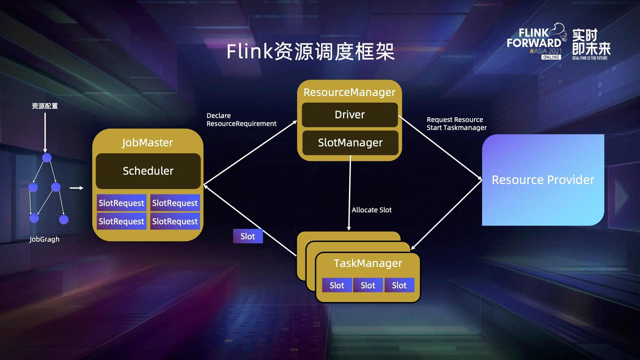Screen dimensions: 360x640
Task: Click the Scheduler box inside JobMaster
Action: tap(148, 171)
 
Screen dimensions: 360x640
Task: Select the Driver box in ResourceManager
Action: tap(350, 115)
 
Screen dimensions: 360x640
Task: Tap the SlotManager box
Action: tap(350, 143)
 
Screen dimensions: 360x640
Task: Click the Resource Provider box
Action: tap(543, 180)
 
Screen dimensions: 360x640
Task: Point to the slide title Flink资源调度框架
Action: tap(310, 52)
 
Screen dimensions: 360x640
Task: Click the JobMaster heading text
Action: tap(147, 143)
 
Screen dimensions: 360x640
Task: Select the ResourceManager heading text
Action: tap(349, 92)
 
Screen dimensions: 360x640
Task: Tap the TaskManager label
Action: tap(368, 263)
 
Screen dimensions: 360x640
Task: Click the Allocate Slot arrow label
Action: tap(372, 210)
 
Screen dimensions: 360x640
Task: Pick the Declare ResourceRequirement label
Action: tap(241, 120)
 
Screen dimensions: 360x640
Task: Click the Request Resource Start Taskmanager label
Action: tap(456, 124)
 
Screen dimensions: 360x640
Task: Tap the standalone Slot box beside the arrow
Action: tap(248, 236)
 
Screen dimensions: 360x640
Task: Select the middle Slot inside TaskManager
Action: tap(368, 285)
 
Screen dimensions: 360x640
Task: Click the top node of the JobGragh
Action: tap(47, 158)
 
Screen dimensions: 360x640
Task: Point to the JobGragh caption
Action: tap(44, 239)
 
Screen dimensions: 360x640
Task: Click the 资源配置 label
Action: tap(45, 106)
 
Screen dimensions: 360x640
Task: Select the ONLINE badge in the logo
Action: tap(551, 57)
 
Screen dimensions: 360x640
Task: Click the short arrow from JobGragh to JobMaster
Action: tap(76, 188)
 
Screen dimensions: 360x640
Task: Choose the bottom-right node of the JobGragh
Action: tap(64, 219)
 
